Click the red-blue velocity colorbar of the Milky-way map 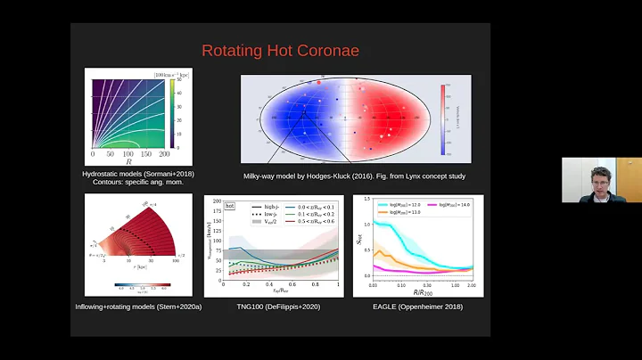coord(444,118)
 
